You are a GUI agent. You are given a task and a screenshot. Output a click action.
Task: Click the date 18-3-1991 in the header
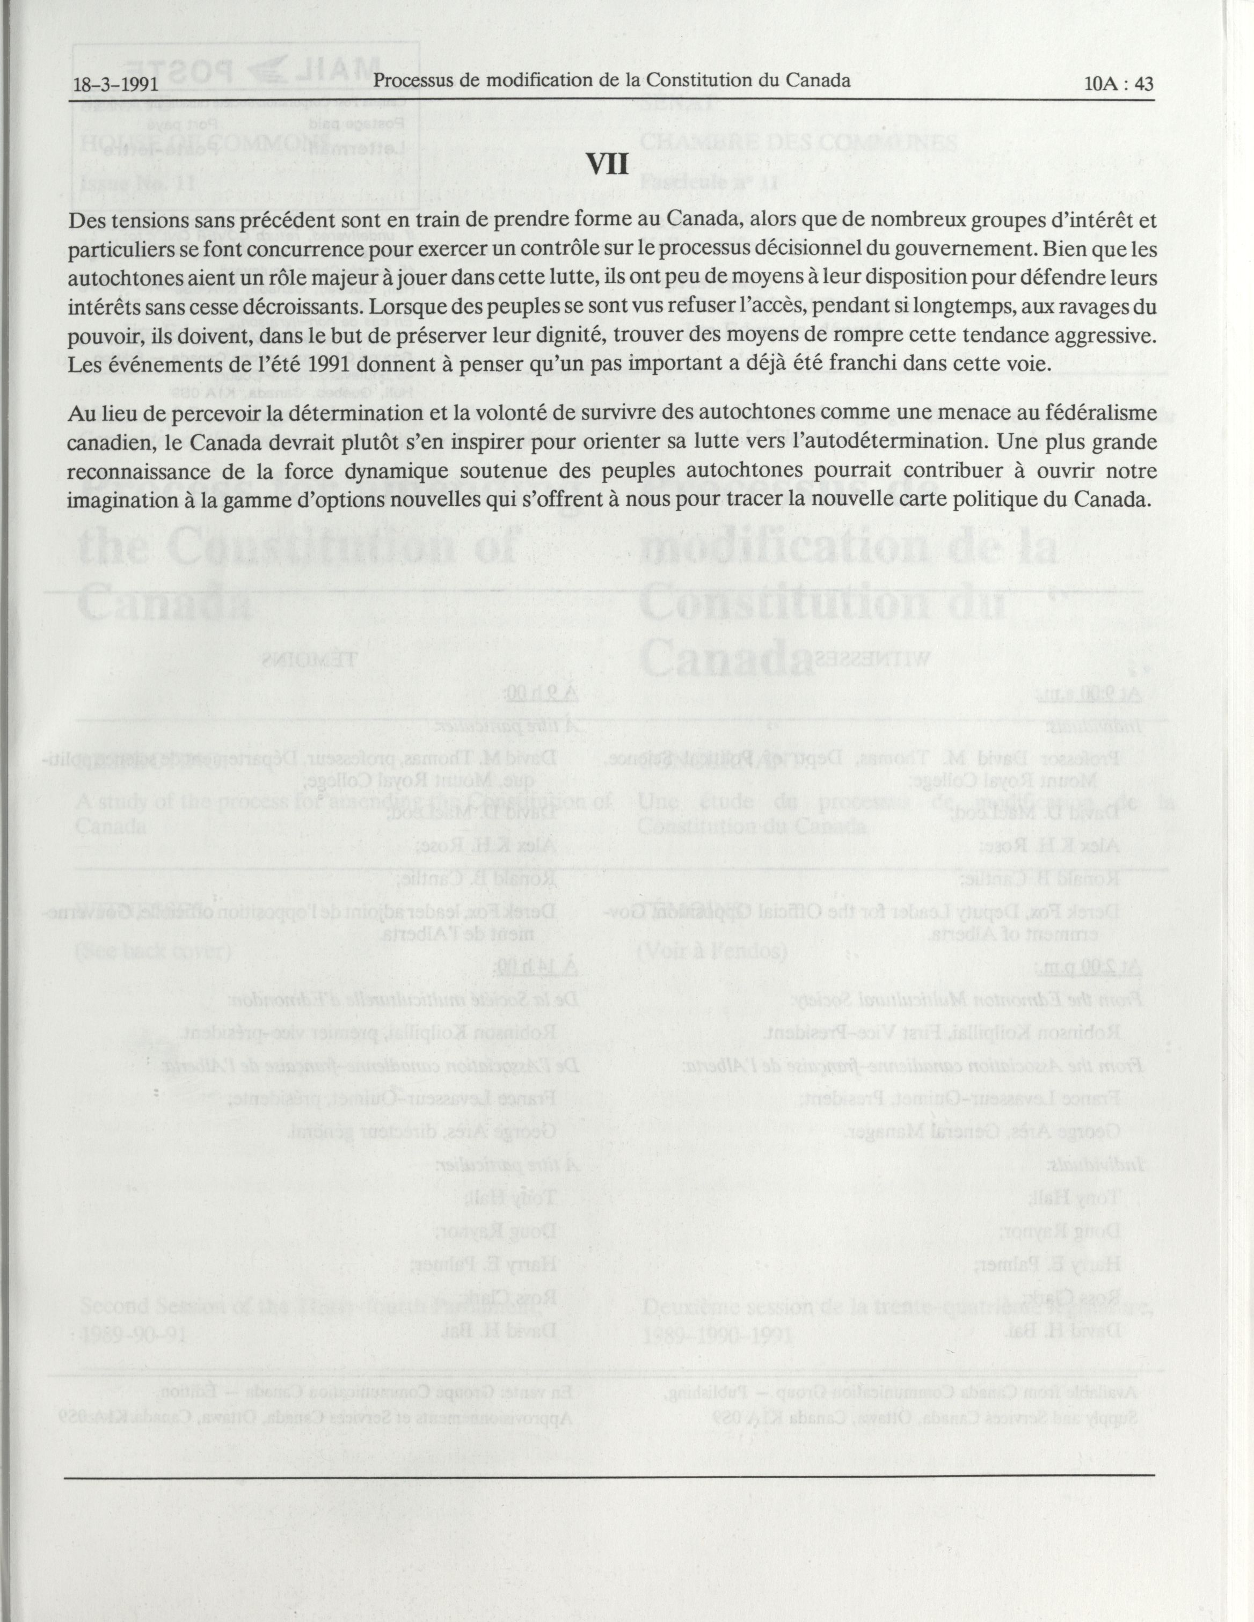pyautogui.click(x=116, y=84)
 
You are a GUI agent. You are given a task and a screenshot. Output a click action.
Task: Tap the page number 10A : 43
pyautogui.click(x=1118, y=84)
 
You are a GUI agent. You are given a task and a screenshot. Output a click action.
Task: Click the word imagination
pyautogui.click(x=124, y=499)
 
